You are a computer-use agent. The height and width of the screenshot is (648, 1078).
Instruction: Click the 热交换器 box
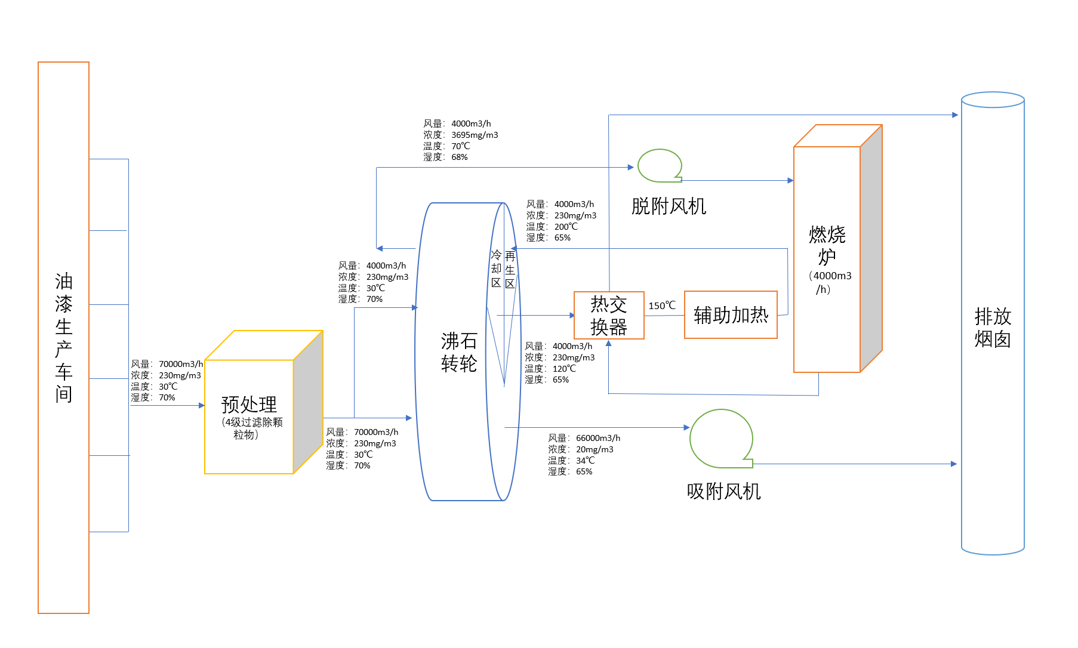609,316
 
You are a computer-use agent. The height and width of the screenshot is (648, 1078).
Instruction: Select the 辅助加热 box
731,315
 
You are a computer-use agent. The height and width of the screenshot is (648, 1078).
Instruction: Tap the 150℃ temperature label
662,306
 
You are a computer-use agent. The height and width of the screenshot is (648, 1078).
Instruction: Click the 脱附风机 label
669,206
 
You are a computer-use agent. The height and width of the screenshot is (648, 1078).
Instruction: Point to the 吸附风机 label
723,492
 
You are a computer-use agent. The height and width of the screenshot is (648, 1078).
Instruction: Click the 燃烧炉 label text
827,245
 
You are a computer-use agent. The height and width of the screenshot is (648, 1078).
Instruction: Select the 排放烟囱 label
993,328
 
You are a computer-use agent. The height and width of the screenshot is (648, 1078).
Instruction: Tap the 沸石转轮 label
459,352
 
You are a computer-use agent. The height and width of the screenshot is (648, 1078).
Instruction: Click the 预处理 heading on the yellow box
249,405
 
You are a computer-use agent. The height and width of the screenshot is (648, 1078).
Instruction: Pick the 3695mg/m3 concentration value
475,135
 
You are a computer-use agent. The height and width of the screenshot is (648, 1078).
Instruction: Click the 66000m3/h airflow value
598,438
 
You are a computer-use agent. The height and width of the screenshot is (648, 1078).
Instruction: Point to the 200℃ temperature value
566,227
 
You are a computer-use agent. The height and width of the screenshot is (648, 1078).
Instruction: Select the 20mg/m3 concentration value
595,449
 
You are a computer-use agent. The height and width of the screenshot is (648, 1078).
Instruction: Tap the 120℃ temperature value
564,369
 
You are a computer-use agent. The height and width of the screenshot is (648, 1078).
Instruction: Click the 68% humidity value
459,157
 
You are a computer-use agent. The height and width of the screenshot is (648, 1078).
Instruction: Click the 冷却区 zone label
496,269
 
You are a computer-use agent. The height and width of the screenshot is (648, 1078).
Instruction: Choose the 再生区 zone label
510,270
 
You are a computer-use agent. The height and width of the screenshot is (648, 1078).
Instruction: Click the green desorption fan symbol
660,165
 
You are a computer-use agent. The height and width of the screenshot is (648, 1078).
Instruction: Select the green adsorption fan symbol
720,439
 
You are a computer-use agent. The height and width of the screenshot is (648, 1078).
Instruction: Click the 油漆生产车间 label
64,338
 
